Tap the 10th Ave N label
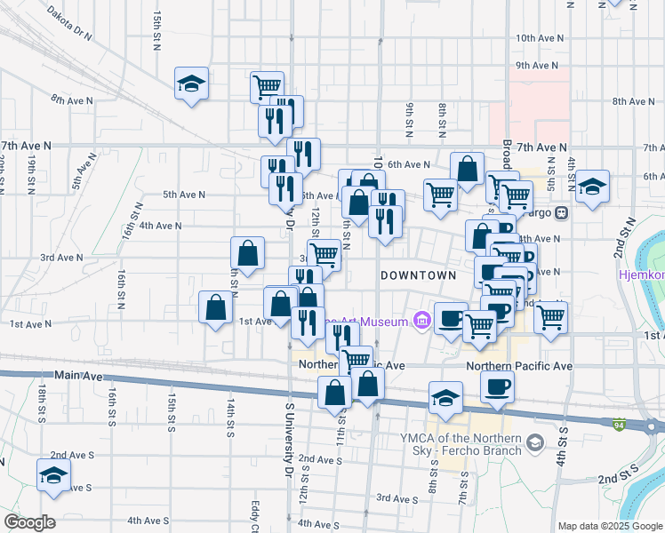[x=541, y=38]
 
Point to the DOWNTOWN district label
[x=419, y=275]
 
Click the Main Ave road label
[x=78, y=376]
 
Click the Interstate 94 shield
[x=618, y=425]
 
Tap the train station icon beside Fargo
[x=562, y=213]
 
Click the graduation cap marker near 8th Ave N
[x=191, y=84]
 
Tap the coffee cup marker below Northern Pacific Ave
[x=497, y=386]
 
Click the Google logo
[x=29, y=522]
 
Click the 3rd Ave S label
[x=397, y=499]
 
